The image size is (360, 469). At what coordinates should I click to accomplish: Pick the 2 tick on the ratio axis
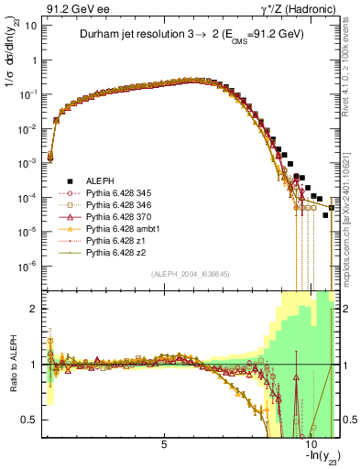point(36,309)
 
